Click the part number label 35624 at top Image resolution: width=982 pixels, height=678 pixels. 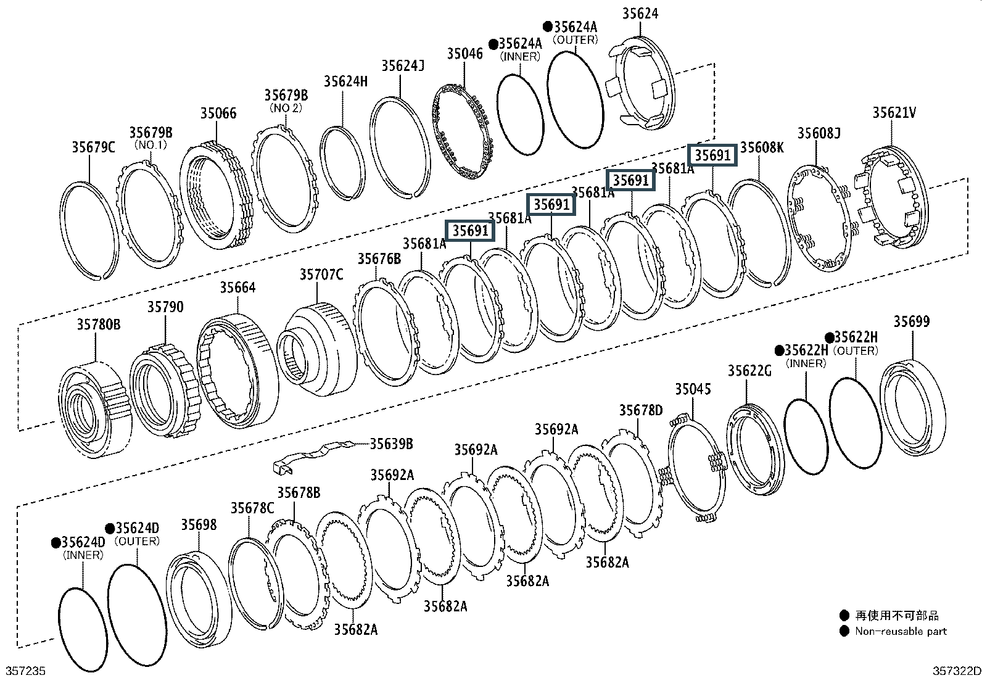[x=640, y=14]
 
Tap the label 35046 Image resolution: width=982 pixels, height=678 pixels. [x=464, y=54]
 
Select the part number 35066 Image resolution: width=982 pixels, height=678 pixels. [x=218, y=113]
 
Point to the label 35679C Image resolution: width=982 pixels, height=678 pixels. [x=93, y=147]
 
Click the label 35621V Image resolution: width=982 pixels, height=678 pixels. [x=894, y=113]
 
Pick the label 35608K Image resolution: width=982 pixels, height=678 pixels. [x=762, y=148]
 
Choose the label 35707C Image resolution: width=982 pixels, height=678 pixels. [x=321, y=275]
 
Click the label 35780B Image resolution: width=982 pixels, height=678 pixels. [x=99, y=325]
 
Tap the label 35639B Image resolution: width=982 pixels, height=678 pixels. [x=392, y=444]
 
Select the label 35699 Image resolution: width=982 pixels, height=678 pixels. [x=912, y=322]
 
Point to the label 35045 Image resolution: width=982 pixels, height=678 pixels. [x=693, y=389]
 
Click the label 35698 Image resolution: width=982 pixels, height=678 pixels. [x=199, y=525]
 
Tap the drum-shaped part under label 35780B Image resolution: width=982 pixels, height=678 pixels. [x=95, y=410]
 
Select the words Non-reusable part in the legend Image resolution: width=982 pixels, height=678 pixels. [x=901, y=632]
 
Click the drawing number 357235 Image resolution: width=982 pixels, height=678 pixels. [x=25, y=671]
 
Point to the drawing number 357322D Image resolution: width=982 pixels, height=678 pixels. [x=957, y=671]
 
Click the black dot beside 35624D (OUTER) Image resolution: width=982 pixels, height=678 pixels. [x=110, y=528]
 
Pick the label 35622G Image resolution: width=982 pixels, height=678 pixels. [x=749, y=371]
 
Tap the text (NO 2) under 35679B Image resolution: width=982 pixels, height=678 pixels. [x=286, y=108]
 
